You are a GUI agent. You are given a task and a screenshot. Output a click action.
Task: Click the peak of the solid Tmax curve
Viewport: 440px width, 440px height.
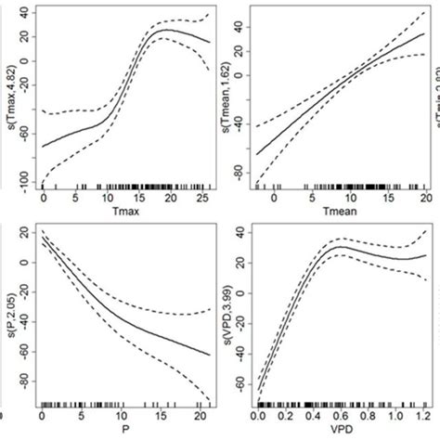click(x=165, y=31)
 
